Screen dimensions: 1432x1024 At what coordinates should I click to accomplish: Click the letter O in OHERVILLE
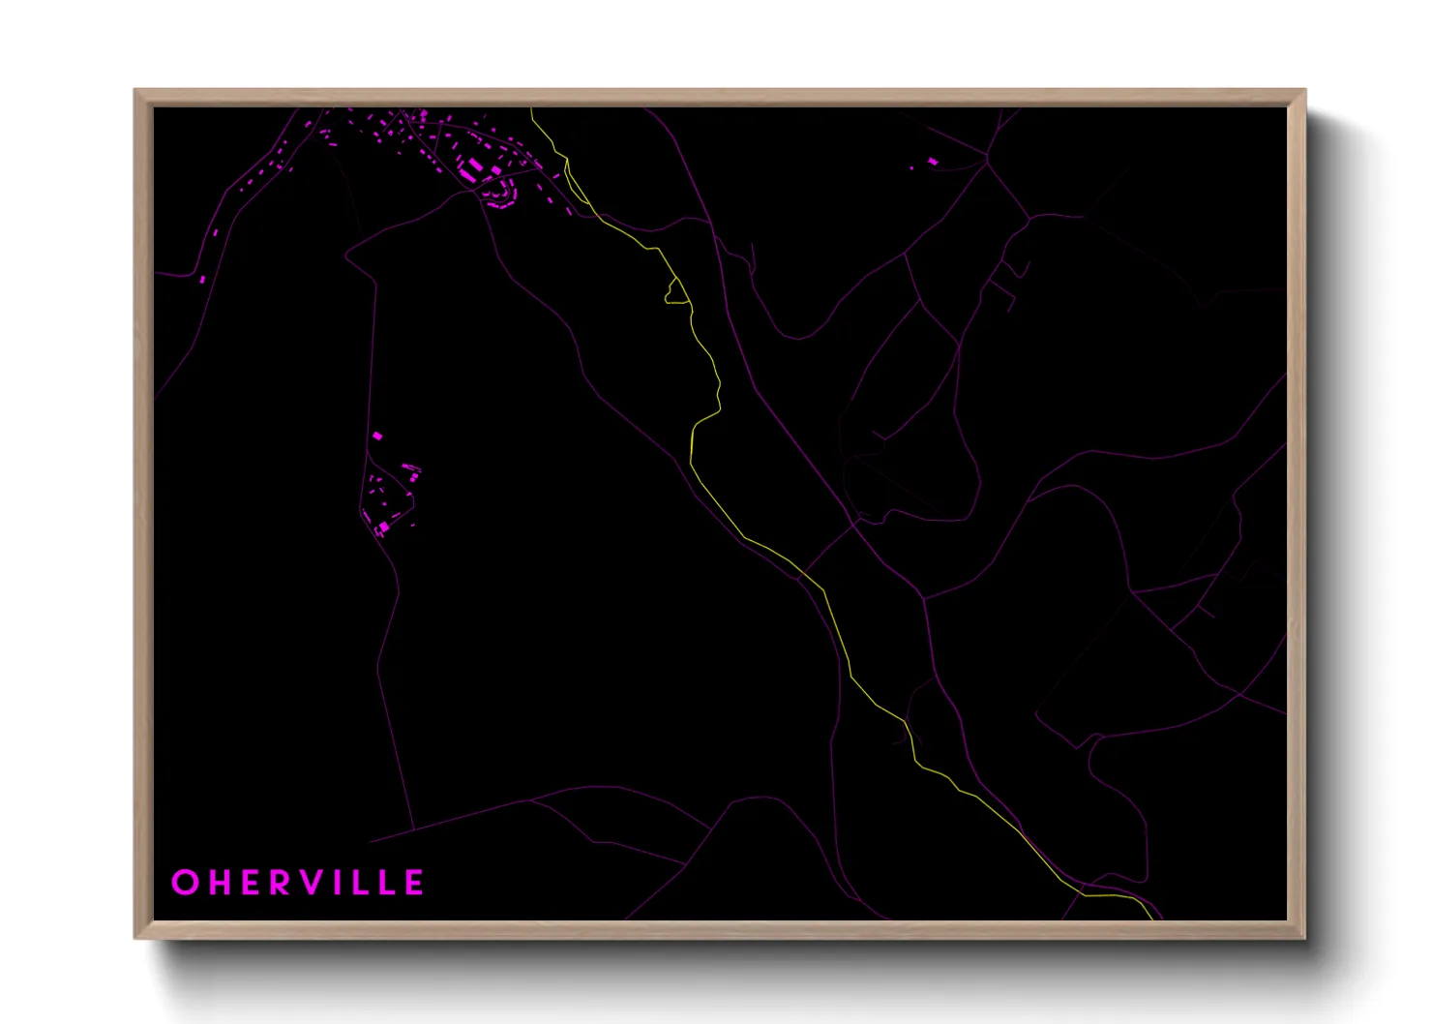184,883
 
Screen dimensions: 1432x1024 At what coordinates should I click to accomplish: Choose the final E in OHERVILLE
414,883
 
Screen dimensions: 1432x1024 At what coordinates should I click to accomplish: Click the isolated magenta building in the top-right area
933,161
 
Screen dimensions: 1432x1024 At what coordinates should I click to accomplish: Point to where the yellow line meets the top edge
531,109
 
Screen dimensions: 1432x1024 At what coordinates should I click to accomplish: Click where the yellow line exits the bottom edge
1152,919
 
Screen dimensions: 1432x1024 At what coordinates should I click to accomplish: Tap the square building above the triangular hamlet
377,437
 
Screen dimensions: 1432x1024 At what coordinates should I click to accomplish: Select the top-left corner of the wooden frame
135,91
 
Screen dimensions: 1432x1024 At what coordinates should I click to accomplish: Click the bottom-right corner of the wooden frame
1304,937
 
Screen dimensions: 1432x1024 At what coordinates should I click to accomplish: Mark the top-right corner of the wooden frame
1304,91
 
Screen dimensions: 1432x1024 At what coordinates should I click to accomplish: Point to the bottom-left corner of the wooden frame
135,937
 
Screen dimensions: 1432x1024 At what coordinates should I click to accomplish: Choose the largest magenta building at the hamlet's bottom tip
381,527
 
